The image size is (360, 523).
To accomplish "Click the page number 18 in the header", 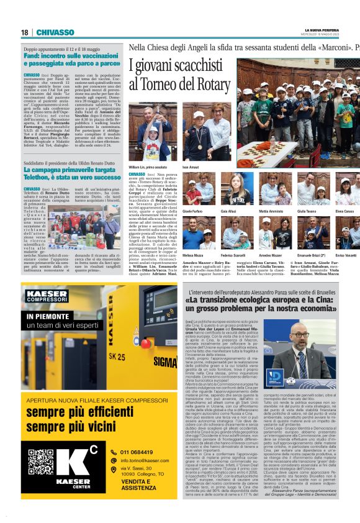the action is pyautogui.click(x=25, y=32).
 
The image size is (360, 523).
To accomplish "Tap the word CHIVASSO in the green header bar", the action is pyautogui.click(x=60, y=32).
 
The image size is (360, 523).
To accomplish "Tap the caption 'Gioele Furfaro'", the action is pyautogui.click(x=194, y=211).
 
